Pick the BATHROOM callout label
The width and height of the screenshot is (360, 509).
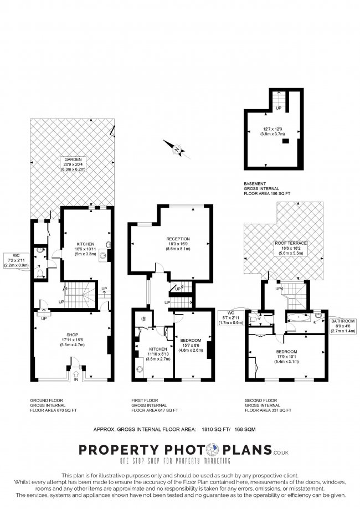coord(343,321)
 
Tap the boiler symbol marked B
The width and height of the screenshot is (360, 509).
coord(143,318)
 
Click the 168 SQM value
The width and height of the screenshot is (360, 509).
coord(258,428)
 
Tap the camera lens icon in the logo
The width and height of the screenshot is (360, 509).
coord(213,449)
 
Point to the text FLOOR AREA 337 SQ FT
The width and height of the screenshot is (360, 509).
coord(268,410)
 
